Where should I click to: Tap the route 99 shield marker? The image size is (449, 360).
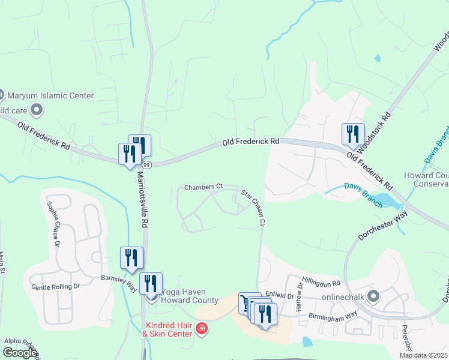(146, 164)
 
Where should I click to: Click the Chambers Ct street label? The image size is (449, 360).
(203, 187)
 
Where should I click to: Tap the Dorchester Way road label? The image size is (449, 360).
(383, 224)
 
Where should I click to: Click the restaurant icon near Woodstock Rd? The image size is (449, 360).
(353, 134)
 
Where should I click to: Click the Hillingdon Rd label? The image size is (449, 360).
(321, 282)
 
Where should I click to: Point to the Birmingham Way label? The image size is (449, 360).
(333, 314)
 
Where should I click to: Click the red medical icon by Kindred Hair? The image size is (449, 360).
(201, 329)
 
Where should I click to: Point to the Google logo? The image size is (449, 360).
(20, 353)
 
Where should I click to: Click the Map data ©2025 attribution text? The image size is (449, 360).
(423, 355)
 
